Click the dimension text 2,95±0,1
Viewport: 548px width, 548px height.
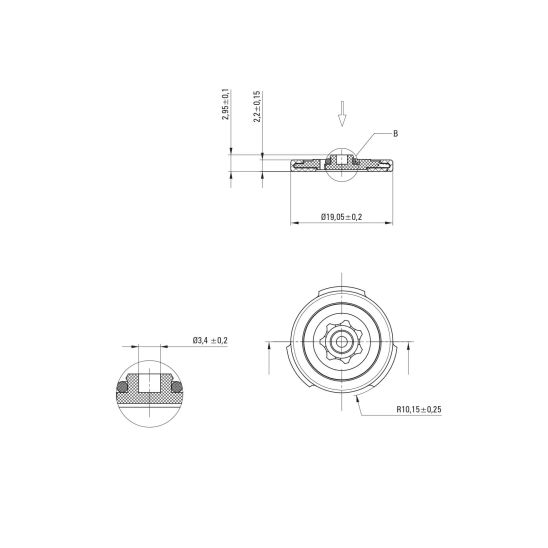tap(225, 104)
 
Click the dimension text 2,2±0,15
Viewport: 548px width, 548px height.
tap(257, 106)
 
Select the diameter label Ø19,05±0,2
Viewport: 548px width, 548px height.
tap(341, 217)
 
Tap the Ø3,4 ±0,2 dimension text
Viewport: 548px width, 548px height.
tap(210, 340)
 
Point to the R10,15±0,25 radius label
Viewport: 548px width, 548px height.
tap(419, 409)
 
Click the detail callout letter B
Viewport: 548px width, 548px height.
tap(395, 134)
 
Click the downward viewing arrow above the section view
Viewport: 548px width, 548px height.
tap(342, 114)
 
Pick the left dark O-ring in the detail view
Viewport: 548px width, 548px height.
tap(122, 387)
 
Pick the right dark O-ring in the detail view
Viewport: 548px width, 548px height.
tap(177, 387)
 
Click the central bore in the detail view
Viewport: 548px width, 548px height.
tap(150, 383)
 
